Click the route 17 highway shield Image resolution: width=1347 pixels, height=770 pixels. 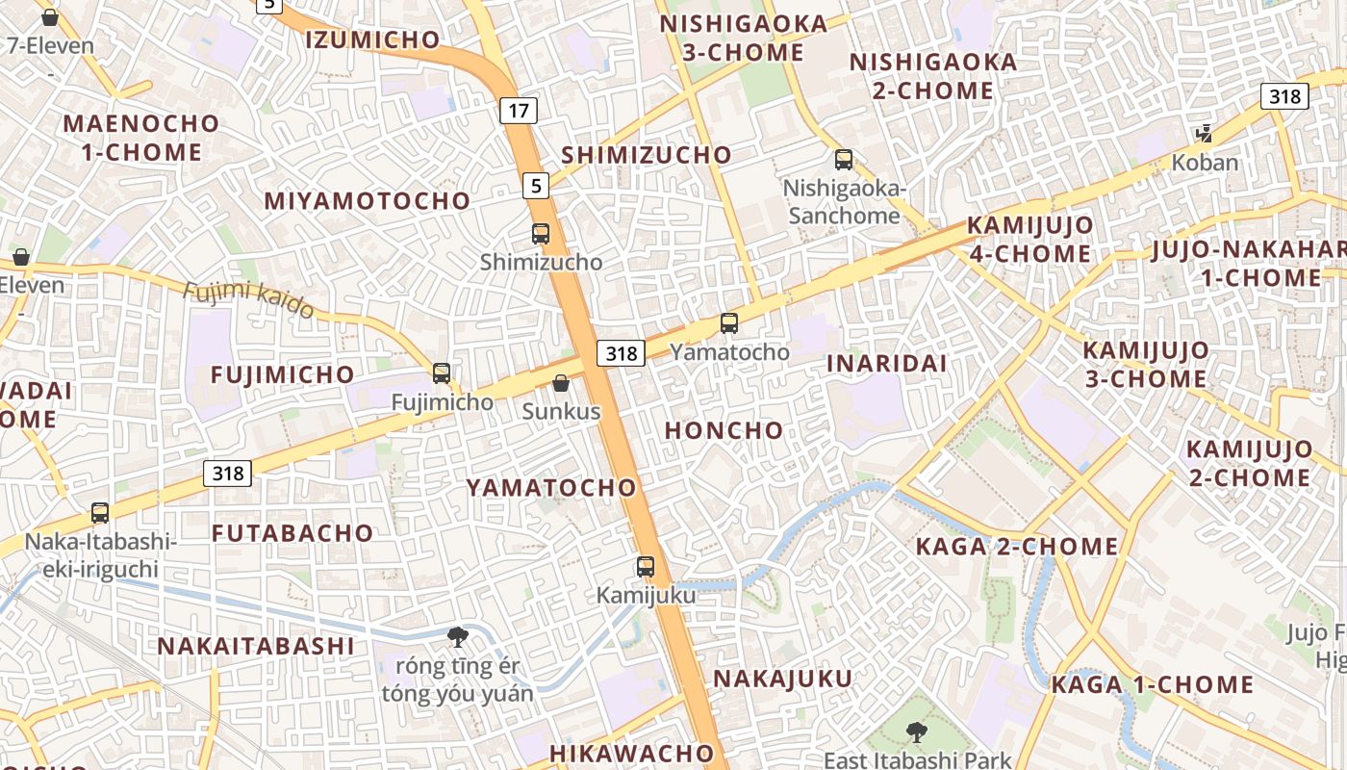(519, 111)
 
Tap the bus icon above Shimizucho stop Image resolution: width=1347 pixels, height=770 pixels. (541, 233)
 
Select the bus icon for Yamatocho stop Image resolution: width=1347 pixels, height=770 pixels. (729, 323)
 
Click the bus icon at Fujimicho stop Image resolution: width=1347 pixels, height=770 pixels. (442, 373)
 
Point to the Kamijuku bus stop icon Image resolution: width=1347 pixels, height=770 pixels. (646, 567)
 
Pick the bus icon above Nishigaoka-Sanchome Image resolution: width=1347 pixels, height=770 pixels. (844, 160)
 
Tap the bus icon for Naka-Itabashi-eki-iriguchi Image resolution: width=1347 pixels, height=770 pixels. (100, 513)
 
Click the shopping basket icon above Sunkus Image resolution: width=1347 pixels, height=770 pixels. (561, 383)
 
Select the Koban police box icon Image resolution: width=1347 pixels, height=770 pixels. (1204, 133)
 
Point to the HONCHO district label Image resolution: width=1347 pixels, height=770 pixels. (724, 430)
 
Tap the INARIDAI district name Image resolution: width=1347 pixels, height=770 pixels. (887, 364)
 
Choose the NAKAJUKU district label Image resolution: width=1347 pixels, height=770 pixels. (782, 679)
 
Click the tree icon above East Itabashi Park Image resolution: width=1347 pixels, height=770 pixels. (917, 732)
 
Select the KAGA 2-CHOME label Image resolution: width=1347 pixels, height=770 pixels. (1017, 547)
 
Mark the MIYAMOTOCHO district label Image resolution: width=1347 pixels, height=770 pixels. (368, 201)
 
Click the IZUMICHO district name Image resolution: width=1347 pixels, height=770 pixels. (372, 39)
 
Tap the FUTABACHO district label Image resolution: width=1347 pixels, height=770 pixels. (292, 533)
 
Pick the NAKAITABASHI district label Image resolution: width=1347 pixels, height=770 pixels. (256, 646)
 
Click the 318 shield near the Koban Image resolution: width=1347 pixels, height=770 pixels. (1284, 96)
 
